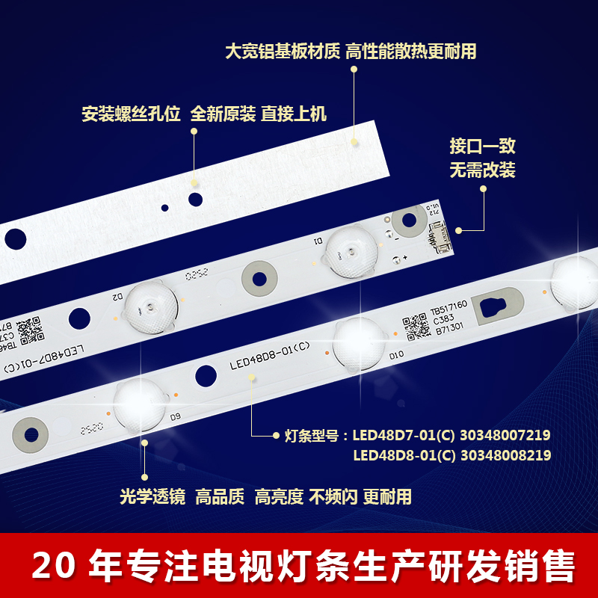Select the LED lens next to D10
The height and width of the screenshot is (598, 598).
pos(358,342)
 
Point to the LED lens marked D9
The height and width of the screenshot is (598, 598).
pos(140,404)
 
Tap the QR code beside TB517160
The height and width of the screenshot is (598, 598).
pos(414,325)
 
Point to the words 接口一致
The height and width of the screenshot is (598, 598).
pos(482,147)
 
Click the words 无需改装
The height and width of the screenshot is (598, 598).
pos(482,170)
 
